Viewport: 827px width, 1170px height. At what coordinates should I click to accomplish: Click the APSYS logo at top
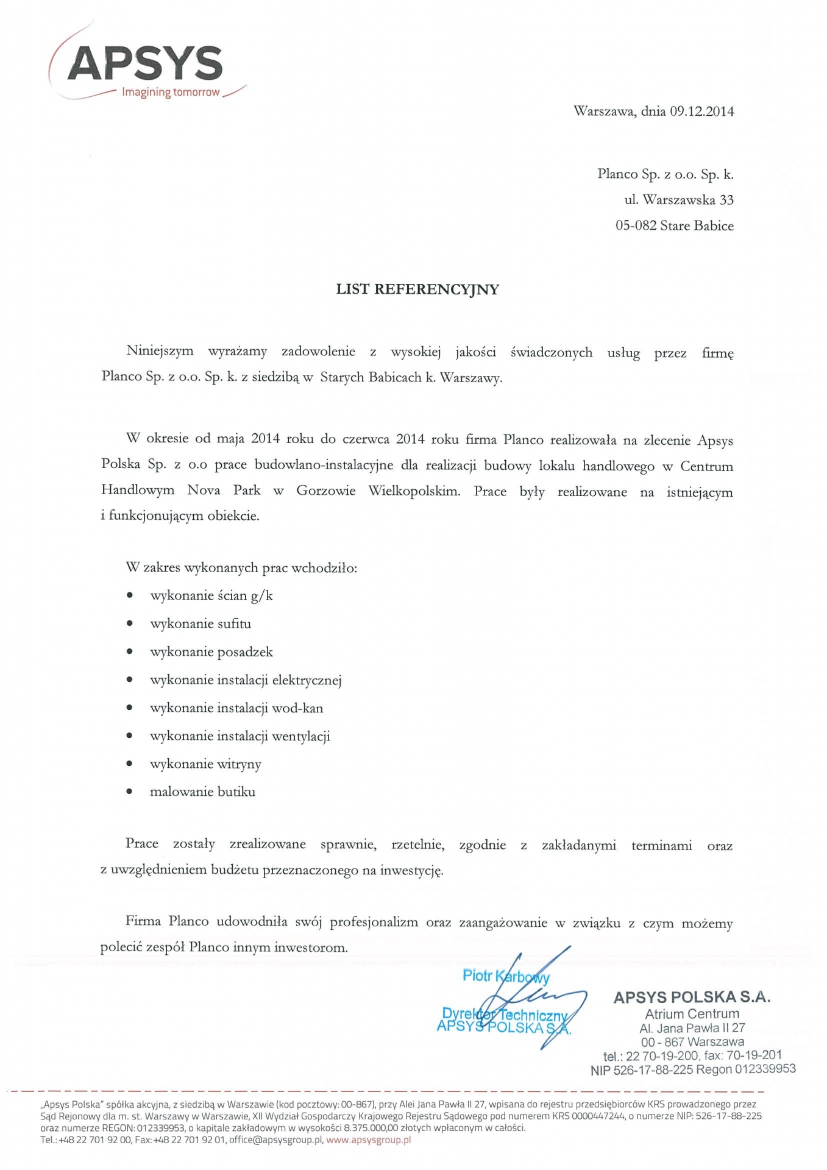pyautogui.click(x=145, y=63)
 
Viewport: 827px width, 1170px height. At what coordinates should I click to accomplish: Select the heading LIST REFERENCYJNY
pyautogui.click(x=417, y=289)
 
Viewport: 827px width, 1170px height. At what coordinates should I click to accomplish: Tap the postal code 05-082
pyautogui.click(x=636, y=226)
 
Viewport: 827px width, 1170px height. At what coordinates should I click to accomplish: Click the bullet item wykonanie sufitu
pyautogui.click(x=201, y=624)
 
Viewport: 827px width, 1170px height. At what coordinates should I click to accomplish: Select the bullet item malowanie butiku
pyautogui.click(x=202, y=792)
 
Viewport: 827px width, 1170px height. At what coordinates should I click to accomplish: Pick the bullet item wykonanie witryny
pyautogui.click(x=205, y=764)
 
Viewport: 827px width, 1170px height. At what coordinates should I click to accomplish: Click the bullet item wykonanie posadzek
pyautogui.click(x=211, y=652)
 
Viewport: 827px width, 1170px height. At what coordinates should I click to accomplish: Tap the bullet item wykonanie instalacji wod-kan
pyautogui.click(x=236, y=708)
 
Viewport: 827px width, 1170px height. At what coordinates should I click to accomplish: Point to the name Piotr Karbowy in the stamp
pyautogui.click(x=506, y=976)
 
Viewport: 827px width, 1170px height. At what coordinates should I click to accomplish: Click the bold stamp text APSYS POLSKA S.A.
pyautogui.click(x=692, y=998)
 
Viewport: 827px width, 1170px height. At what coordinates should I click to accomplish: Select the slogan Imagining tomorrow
pyautogui.click(x=171, y=93)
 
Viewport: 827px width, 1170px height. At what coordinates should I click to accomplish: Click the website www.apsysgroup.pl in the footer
pyautogui.click(x=369, y=1140)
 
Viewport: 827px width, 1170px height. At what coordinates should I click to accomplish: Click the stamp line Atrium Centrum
pyautogui.click(x=692, y=1014)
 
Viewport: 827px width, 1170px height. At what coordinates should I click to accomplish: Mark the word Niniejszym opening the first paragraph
pyautogui.click(x=160, y=351)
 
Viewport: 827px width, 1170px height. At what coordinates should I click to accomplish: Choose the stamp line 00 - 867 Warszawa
pyautogui.click(x=692, y=1042)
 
